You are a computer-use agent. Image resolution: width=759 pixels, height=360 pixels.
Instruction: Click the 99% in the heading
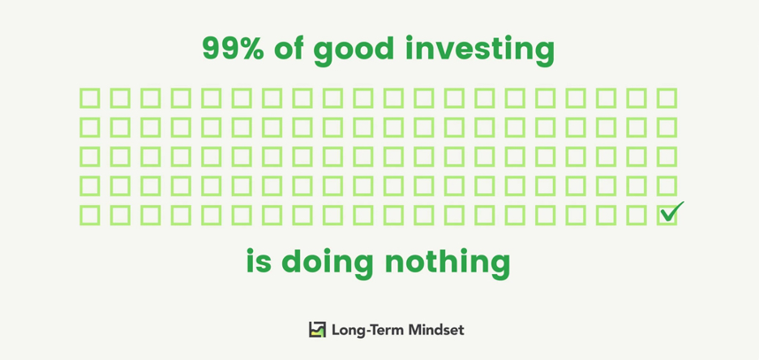click(233, 49)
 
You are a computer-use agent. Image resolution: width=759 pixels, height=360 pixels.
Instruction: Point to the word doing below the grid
click(328, 264)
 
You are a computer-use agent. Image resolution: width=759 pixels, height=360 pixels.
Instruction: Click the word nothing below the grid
click(448, 264)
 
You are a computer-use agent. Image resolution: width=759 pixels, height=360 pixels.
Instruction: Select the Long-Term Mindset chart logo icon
click(318, 329)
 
